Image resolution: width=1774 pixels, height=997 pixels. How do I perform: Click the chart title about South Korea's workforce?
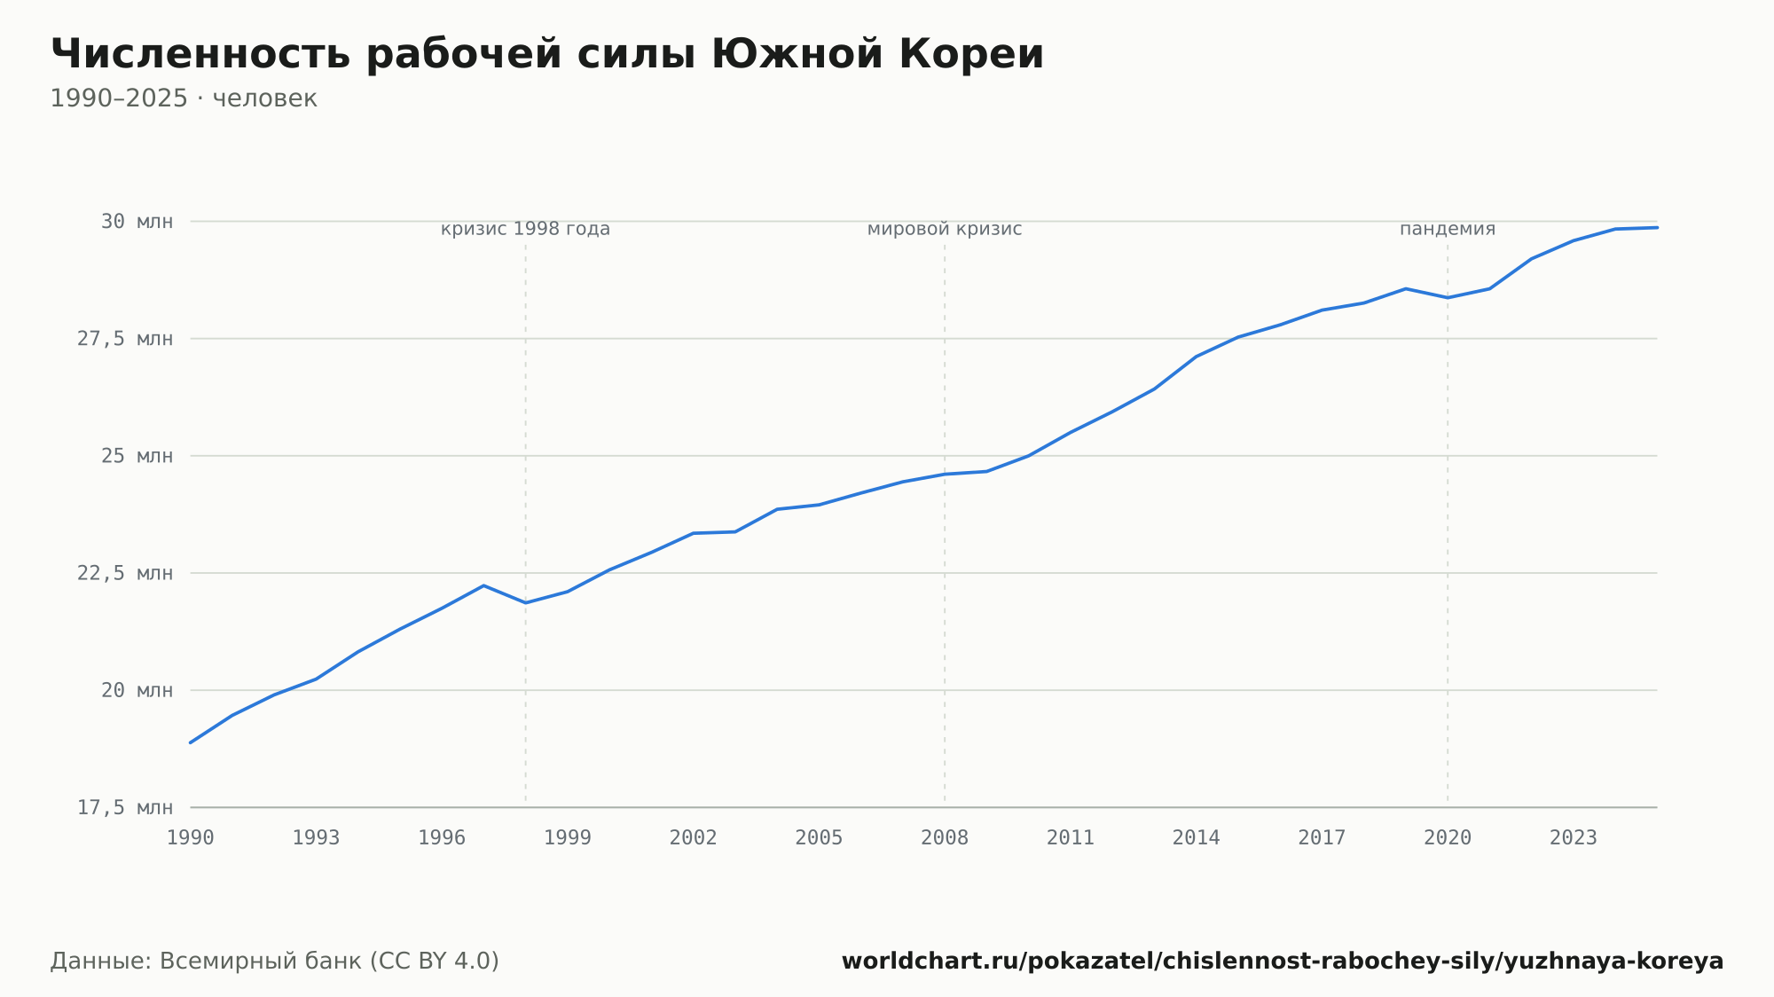[x=547, y=54]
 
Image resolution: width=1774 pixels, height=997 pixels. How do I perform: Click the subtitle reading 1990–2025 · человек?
[x=184, y=98]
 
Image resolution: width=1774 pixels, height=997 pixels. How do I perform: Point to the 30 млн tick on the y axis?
[x=137, y=222]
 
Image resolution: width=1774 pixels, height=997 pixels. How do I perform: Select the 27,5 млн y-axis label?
[x=125, y=339]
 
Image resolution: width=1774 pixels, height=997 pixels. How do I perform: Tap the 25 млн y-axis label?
[x=137, y=456]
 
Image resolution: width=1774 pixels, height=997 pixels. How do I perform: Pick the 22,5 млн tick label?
[x=125, y=573]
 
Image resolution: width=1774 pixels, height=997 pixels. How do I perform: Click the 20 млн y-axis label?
[x=137, y=690]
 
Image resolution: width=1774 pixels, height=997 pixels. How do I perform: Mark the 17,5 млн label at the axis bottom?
[x=125, y=807]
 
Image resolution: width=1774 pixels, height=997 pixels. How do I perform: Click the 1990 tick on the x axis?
[x=191, y=838]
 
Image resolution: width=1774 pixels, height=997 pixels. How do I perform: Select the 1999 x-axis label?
[x=568, y=838]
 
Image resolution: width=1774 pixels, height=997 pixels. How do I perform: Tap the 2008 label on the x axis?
[x=945, y=838]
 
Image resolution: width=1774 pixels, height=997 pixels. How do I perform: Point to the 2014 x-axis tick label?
[x=1197, y=838]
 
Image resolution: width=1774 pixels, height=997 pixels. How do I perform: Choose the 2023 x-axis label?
[x=1574, y=838]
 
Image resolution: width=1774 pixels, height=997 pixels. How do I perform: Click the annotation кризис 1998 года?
[x=525, y=229]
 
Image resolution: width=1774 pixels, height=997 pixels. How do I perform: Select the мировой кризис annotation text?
[x=945, y=229]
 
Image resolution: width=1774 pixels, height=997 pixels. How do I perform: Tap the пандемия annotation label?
[x=1448, y=229]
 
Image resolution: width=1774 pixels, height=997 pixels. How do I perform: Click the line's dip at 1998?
[x=525, y=603]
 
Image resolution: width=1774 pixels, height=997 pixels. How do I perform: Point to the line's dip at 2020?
[x=1448, y=297]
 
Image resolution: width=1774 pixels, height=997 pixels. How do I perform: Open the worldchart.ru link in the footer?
[x=1283, y=962]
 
